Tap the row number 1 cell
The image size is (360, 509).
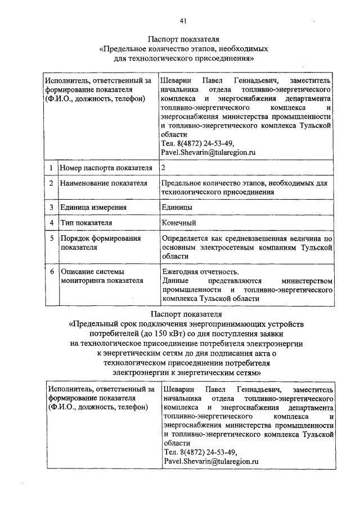pos(51,168)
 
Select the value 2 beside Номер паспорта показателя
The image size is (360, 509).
pos(163,168)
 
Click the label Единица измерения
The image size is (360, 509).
pos(94,207)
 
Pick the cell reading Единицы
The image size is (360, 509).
pos(177,207)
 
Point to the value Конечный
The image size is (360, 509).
pos(178,223)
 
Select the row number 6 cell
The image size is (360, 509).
pos(51,271)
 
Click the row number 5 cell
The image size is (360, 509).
pos(51,238)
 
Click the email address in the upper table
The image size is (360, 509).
pos(208,152)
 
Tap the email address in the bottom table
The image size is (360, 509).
pos(211,461)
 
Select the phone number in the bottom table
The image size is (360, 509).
pos(200,452)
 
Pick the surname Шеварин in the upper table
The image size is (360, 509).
pos(175,81)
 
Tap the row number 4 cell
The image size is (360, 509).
pos(51,223)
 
